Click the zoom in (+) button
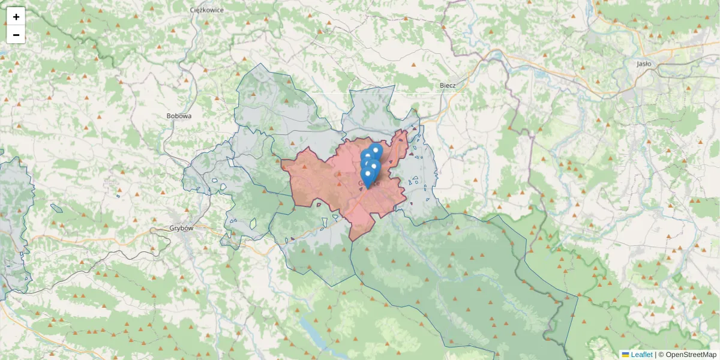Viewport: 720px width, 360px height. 16,17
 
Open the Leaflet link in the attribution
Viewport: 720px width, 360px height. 641,355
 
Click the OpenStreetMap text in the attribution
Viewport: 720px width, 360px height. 691,355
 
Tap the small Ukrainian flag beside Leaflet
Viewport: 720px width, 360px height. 625,355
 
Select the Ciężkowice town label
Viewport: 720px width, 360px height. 206,10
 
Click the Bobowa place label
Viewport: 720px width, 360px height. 179,116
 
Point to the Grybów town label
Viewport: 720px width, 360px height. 165,229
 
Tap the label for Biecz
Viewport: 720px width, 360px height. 448,85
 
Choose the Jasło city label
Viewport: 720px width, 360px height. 644,63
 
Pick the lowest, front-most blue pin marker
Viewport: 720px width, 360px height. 368,176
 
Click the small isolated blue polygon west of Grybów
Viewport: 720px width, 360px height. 56,208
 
